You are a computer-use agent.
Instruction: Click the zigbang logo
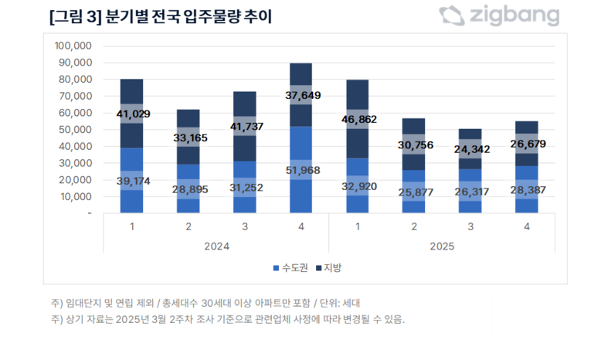click(x=498, y=16)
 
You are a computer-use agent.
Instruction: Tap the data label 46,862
click(x=358, y=121)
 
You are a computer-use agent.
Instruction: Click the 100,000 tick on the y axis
click(x=73, y=46)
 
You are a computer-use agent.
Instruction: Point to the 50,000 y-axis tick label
click(x=76, y=130)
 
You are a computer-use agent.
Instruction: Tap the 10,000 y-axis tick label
click(x=76, y=197)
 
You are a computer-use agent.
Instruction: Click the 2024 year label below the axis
click(x=217, y=247)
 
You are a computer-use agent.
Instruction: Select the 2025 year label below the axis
click(x=441, y=247)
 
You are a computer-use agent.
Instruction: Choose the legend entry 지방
click(x=330, y=268)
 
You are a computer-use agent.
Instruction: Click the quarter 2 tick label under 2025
click(x=413, y=227)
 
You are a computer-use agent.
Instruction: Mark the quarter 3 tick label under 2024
click(x=245, y=227)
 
